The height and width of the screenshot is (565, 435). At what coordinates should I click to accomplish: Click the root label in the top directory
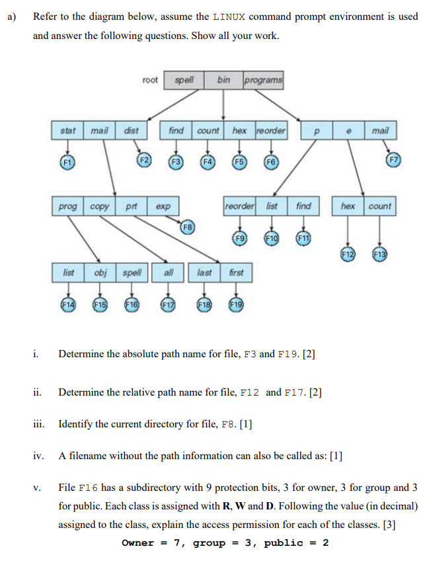151,80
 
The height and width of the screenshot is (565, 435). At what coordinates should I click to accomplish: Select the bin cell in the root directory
223,80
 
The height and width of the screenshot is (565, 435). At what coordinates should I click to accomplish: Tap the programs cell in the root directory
263,80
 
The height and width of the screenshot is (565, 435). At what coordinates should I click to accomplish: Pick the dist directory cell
132,130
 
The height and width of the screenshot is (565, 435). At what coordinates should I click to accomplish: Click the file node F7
394,159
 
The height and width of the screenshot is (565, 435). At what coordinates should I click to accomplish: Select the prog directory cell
67,206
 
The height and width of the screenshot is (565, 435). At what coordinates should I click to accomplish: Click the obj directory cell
100,272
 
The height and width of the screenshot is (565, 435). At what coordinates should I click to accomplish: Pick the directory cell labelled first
236,272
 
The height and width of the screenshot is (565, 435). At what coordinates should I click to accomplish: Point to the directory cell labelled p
316,131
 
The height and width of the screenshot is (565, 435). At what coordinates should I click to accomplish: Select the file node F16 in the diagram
131,305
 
